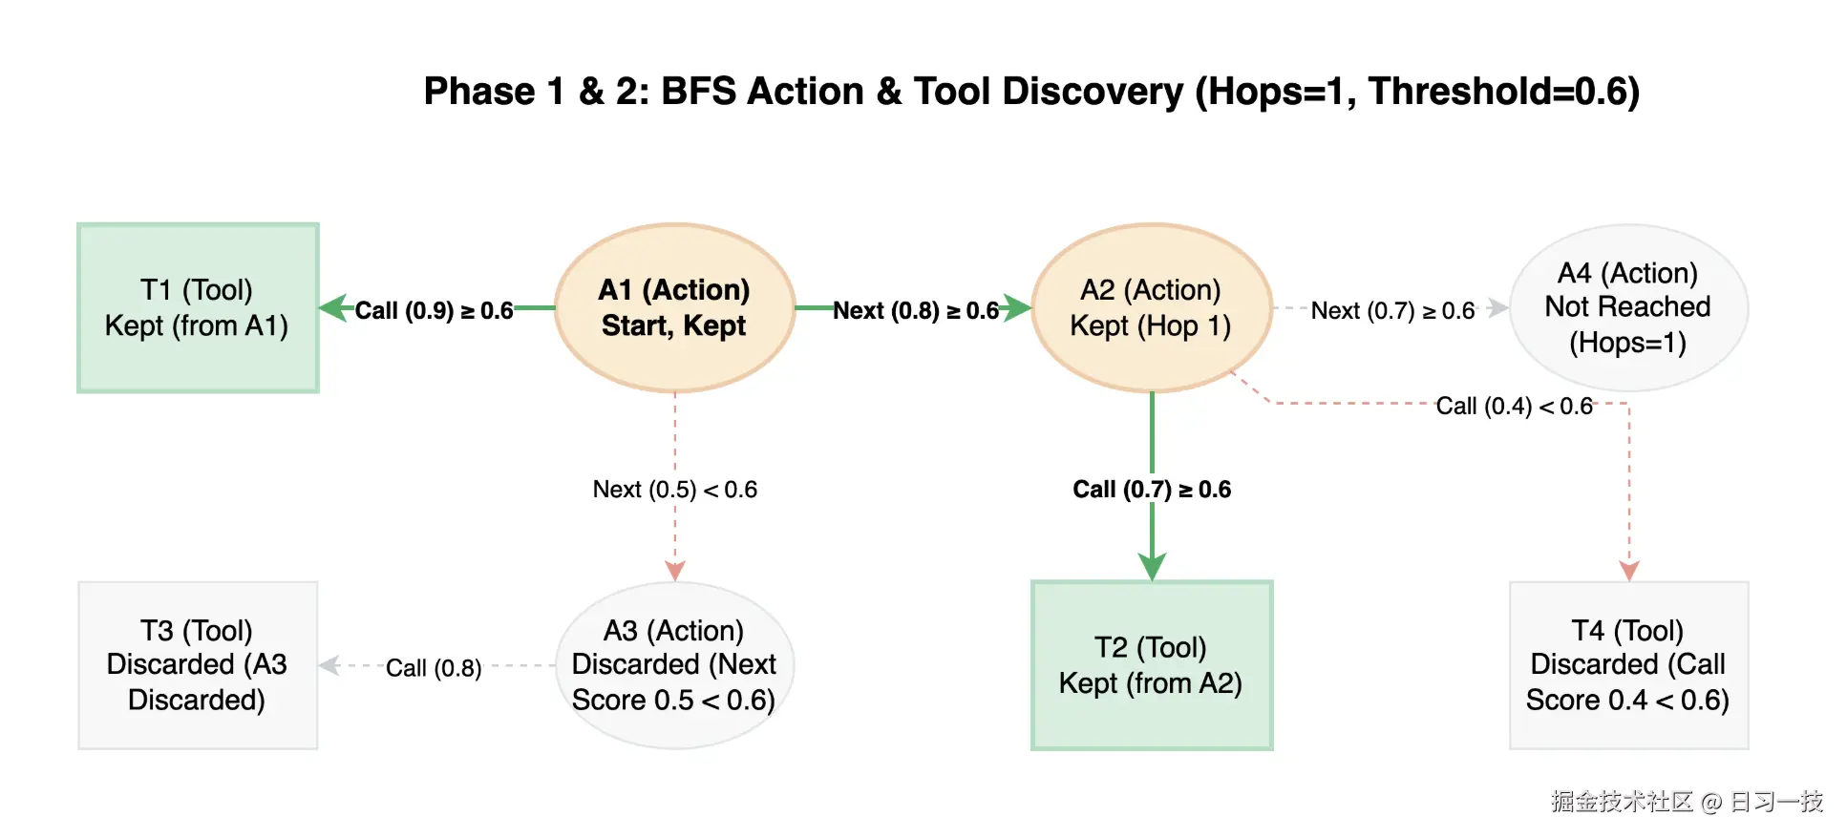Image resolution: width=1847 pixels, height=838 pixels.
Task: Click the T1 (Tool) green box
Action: [198, 307]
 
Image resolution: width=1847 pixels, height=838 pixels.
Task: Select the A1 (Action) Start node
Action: [674, 307]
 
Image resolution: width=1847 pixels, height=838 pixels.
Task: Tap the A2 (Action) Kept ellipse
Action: [1151, 307]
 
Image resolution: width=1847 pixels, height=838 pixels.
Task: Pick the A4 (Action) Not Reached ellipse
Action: [1627, 307]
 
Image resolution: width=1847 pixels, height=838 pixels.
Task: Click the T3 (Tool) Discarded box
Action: [198, 665]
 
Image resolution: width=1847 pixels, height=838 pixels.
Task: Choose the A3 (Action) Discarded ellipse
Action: [674, 665]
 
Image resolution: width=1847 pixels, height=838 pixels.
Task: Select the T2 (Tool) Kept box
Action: [1151, 665]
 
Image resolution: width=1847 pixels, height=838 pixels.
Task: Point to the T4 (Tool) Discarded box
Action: [1627, 665]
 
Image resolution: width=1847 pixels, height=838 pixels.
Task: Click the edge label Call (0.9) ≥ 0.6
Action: [435, 311]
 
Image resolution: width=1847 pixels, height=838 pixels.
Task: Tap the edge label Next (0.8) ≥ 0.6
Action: [916, 311]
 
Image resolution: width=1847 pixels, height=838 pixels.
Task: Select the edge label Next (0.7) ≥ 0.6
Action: [1392, 311]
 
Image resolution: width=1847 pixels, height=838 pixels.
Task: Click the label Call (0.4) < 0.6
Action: [1514, 407]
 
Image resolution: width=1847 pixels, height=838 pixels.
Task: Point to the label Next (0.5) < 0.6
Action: [674, 490]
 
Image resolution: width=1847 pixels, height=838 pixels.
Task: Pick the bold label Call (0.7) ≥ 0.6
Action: [1151, 490]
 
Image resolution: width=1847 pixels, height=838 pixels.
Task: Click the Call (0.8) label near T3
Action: [434, 668]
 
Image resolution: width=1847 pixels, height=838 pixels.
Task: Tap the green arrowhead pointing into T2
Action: [1152, 567]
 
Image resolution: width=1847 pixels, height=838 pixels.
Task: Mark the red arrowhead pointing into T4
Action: [1629, 571]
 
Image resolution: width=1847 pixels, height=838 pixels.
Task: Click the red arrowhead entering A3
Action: [675, 571]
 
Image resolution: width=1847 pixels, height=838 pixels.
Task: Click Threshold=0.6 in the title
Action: [1503, 92]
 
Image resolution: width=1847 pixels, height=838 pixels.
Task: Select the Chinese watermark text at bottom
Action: [1687, 802]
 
